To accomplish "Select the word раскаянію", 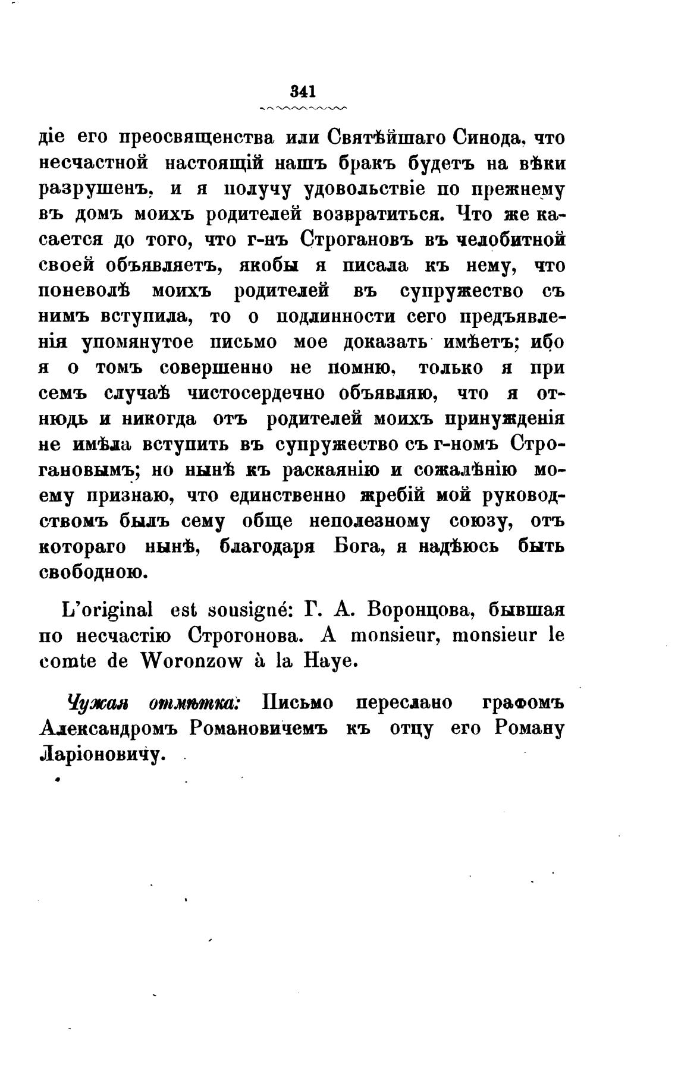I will pyautogui.click(x=330, y=470).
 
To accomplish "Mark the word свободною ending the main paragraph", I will pyautogui.click(x=92, y=573).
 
